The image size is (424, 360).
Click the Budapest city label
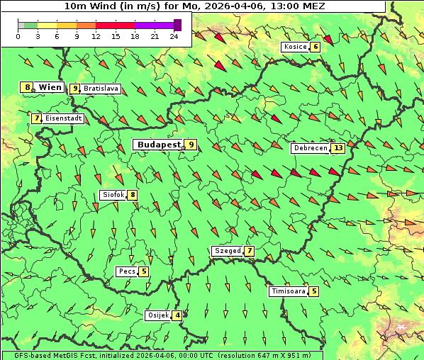pos(159,145)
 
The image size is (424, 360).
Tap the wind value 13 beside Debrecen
pos(338,149)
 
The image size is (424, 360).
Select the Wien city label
pos(50,87)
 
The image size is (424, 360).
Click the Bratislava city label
pos(101,89)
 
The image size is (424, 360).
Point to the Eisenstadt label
pos(64,118)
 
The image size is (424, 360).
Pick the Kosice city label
pos(294,47)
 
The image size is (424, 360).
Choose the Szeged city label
pos(228,251)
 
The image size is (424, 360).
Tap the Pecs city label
pos(127,271)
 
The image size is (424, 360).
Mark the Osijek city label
pos(157,315)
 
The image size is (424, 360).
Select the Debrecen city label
pos(310,149)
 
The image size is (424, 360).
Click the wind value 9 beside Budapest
pos(191,145)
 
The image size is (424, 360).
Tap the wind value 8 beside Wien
pos(28,87)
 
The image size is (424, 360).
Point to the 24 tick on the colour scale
pos(174,35)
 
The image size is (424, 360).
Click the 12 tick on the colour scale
pos(96,35)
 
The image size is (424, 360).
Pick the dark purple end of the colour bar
pos(178,25)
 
